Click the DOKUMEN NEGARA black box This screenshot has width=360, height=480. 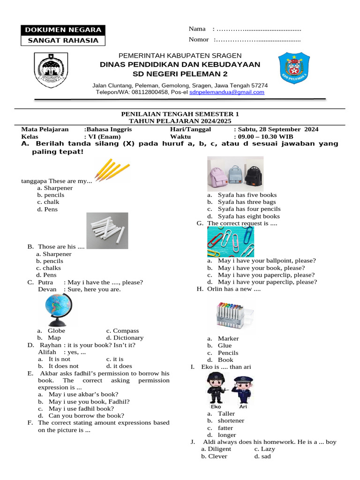(63, 30)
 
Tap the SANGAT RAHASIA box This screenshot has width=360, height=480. (63, 40)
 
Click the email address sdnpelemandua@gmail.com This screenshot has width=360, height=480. (226, 92)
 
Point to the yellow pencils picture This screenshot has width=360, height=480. (112, 169)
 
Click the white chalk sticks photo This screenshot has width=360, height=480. (107, 230)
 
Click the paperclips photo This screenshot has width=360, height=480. (230, 242)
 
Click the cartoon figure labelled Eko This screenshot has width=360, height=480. (217, 388)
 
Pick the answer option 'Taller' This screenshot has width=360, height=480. (226, 414)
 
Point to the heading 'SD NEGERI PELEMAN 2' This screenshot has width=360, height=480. (180, 74)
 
